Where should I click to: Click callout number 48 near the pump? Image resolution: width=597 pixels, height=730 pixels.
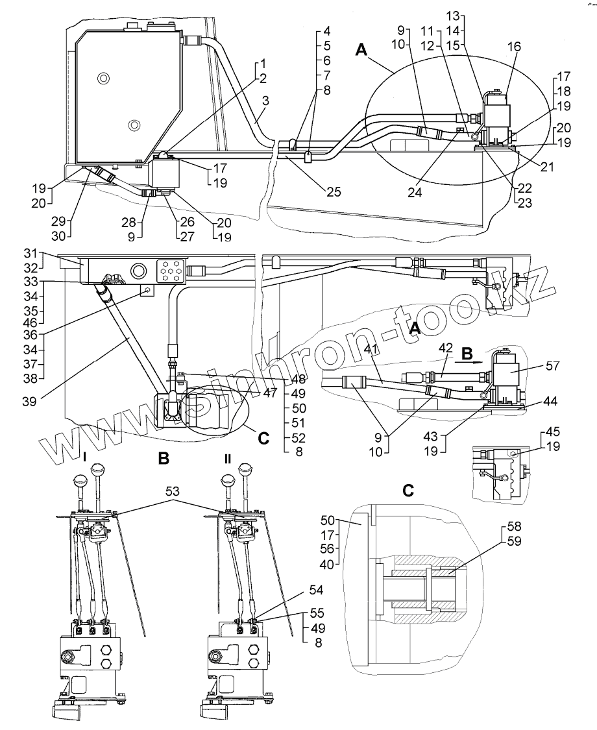click(298, 379)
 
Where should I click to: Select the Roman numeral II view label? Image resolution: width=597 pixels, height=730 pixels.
click(227, 458)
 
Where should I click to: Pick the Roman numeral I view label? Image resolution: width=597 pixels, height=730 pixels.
click(84, 458)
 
